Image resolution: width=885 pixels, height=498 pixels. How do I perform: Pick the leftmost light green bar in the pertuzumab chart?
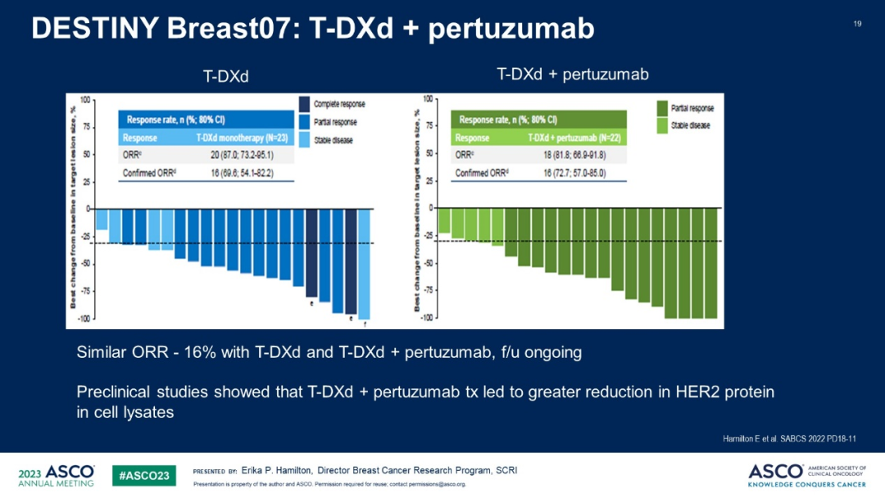(x=444, y=221)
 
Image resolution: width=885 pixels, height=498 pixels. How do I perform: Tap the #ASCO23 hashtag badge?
(x=143, y=475)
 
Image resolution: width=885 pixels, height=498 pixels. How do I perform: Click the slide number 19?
(x=857, y=24)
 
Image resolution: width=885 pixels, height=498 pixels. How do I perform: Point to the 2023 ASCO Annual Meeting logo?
(x=56, y=475)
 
